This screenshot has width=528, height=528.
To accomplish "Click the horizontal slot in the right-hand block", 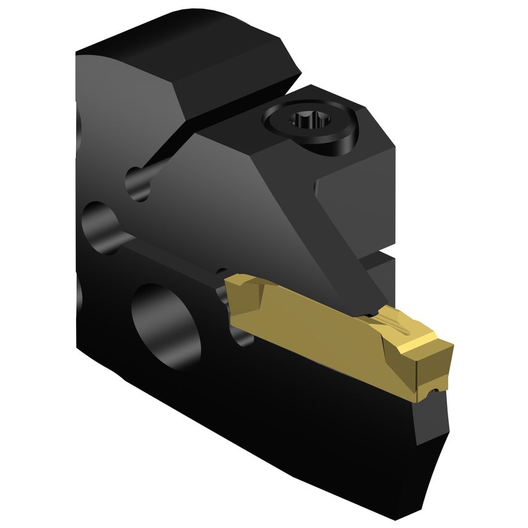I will coord(377,255).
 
